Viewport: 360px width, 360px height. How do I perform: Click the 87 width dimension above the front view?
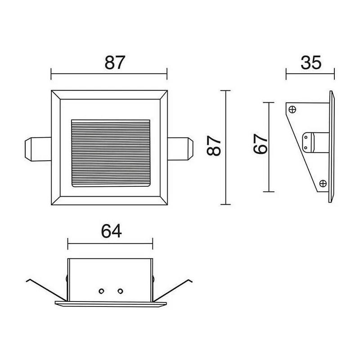pyautogui.click(x=115, y=63)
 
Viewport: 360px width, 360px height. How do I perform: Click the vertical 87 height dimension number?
pyautogui.click(x=214, y=145)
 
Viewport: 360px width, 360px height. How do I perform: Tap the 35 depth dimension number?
pyautogui.click(x=311, y=63)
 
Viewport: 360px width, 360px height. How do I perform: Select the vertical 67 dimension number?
pyautogui.click(x=261, y=144)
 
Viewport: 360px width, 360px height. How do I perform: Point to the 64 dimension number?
pyautogui.click(x=111, y=231)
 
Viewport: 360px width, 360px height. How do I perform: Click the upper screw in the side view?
pyautogui.click(x=292, y=109)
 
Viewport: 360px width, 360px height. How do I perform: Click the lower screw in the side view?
pyautogui.click(x=323, y=183)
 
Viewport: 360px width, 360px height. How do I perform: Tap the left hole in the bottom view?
pyautogui.click(x=101, y=291)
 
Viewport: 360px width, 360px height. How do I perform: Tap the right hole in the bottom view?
pyautogui.click(x=120, y=291)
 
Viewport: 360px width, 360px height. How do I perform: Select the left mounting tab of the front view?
pyautogui.click(x=38, y=149)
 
